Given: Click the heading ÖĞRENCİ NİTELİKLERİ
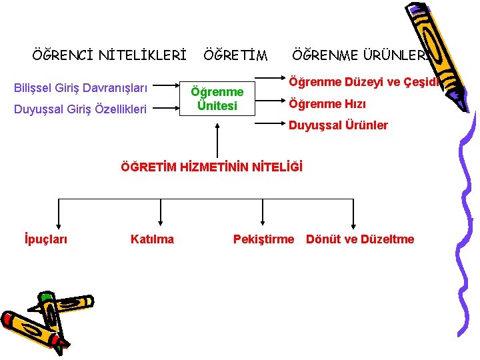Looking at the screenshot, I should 109,55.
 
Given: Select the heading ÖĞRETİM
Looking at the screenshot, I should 235,55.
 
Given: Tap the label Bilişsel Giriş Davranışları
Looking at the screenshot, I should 81,87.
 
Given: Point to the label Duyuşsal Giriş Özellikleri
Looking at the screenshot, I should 80,108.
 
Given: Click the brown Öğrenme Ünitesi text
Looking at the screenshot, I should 217,99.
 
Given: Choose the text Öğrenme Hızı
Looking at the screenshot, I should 327,104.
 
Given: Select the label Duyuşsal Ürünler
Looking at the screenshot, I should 338,125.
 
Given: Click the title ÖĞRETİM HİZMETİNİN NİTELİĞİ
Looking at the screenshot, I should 211,167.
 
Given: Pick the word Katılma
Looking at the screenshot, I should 152,239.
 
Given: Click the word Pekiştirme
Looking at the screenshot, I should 263,239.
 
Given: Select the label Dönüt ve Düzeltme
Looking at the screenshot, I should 360,239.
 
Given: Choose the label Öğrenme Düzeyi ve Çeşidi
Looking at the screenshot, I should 363,82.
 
